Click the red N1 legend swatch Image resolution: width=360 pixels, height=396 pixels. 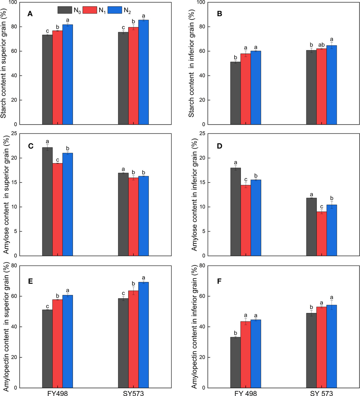tap(90, 10)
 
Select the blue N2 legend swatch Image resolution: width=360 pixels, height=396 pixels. tap(115, 10)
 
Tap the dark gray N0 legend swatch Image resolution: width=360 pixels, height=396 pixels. tap(65, 10)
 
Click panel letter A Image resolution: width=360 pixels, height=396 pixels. tap(30, 14)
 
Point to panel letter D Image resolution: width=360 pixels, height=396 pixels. tap(220, 146)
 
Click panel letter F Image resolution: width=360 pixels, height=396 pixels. tap(219, 281)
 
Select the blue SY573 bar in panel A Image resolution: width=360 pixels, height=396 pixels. tap(143, 72)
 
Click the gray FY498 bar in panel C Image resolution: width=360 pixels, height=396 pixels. tap(47, 201)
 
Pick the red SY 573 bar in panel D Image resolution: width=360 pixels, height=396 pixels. tap(322, 234)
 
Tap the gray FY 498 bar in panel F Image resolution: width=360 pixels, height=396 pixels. tap(235, 362)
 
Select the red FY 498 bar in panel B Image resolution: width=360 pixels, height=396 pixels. tap(245, 89)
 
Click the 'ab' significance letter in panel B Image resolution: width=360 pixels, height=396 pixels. tap(321, 45)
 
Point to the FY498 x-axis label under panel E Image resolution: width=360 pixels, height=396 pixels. tap(58, 393)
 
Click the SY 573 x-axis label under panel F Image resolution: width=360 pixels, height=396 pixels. tap(321, 393)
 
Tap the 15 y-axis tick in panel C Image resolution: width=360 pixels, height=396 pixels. tap(13, 182)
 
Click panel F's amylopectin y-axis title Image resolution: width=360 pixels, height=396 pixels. tap(194, 327)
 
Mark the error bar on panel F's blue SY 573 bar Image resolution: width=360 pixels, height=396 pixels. tap(331, 305)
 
